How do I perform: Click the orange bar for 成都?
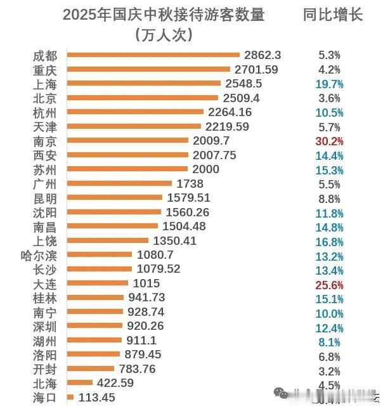[152, 55]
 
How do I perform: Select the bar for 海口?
[70, 397]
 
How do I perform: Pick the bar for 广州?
[119, 183]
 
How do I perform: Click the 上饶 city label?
[46, 241]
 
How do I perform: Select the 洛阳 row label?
[46, 355]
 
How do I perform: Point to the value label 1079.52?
[158, 269]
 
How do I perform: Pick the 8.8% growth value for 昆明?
[330, 198]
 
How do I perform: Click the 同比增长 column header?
[332, 15]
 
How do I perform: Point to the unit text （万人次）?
[164, 35]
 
